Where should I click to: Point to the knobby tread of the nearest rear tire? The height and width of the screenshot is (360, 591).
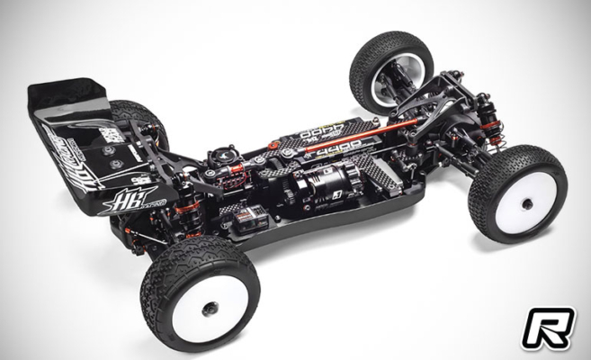tap(162, 270)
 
